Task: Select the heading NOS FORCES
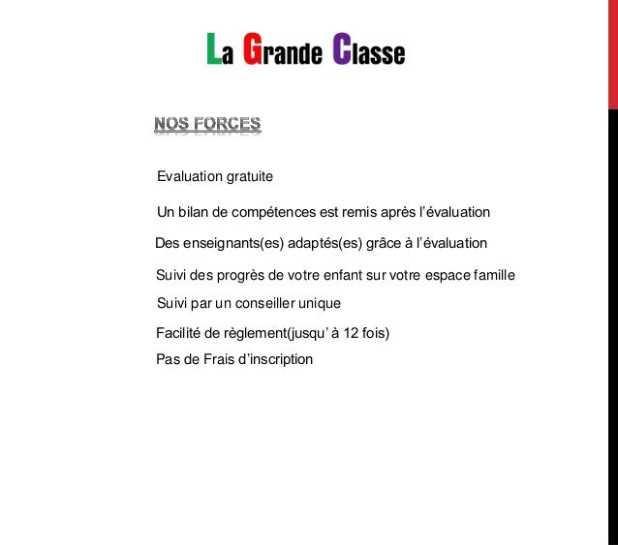pyautogui.click(x=207, y=125)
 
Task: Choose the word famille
pyautogui.click(x=492, y=276)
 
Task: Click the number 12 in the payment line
pyautogui.click(x=353, y=334)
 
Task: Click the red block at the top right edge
pyautogui.click(x=612, y=53)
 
